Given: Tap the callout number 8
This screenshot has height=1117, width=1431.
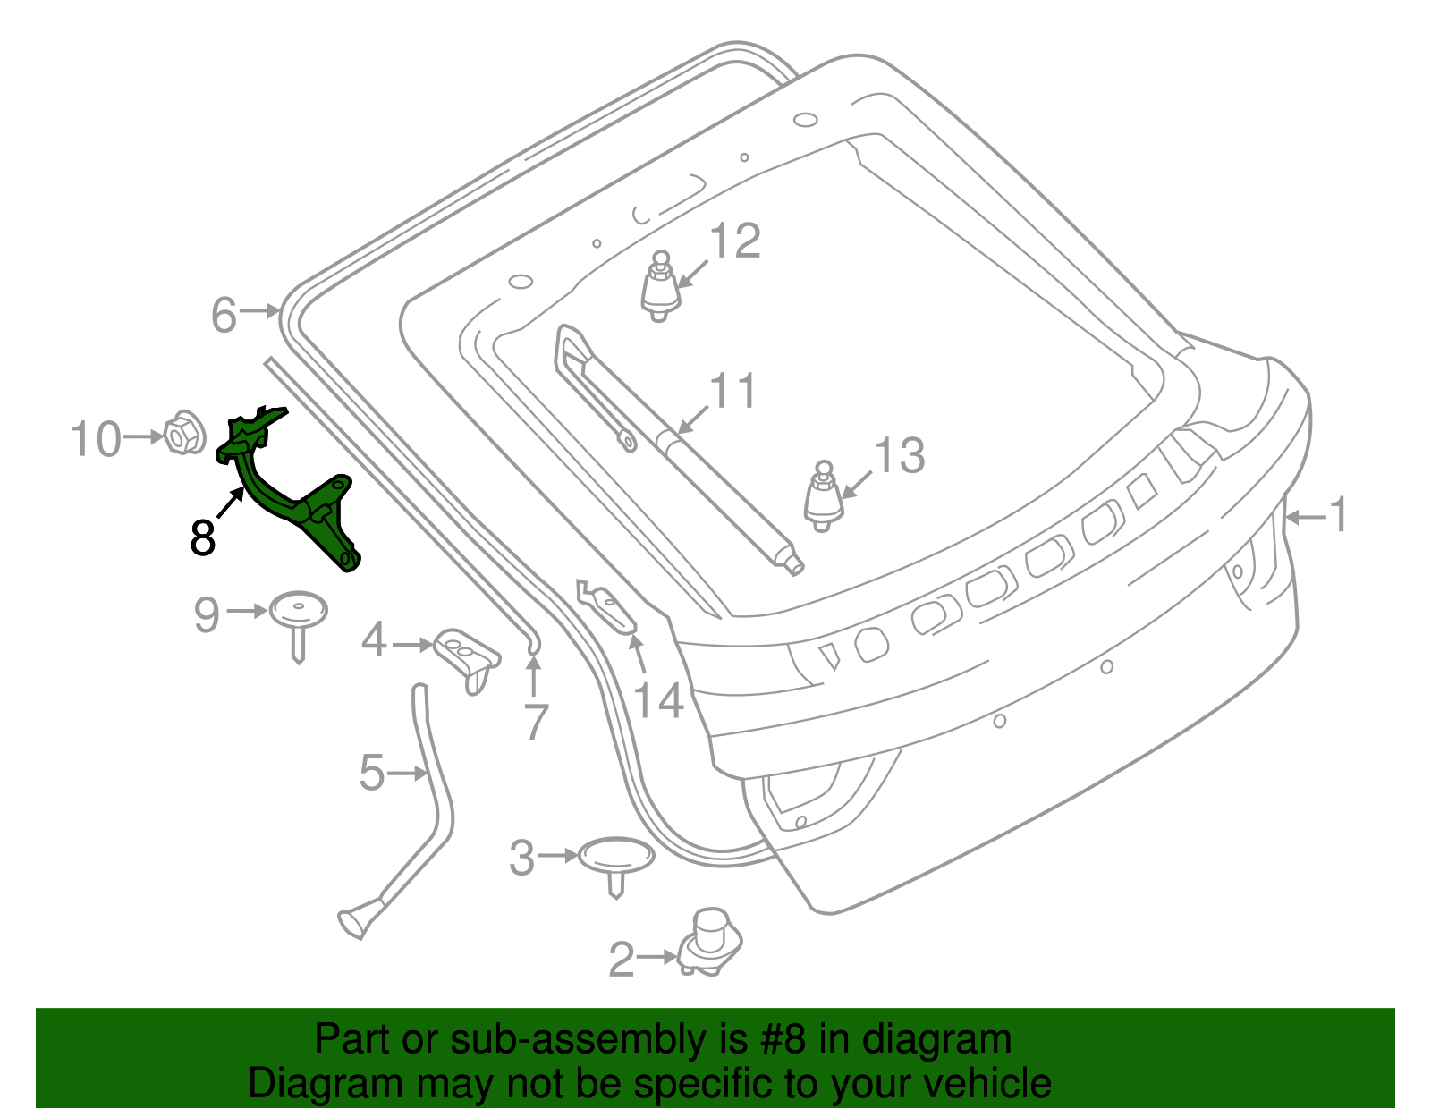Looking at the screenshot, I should [x=203, y=538].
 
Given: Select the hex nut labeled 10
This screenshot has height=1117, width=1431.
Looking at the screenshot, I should [x=182, y=435].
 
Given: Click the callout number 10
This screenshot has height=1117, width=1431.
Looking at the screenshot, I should [x=96, y=439].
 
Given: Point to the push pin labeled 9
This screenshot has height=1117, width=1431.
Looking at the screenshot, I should [x=299, y=616].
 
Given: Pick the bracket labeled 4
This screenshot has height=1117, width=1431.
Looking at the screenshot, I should [x=468, y=656].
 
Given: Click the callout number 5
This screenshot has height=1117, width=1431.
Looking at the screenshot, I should [x=371, y=773].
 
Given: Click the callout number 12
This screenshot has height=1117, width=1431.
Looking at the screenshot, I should [x=735, y=241].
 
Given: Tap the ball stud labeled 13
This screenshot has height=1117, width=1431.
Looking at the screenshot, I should [x=823, y=497].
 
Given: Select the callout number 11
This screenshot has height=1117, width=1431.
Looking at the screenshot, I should [x=732, y=392].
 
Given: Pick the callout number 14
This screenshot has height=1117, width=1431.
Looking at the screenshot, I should [x=658, y=701].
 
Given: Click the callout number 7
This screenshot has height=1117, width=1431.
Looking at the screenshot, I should [x=535, y=723].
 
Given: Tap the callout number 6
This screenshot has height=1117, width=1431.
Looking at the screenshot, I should [x=224, y=315].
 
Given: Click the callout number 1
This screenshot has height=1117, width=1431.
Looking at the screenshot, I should [x=1338, y=516].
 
